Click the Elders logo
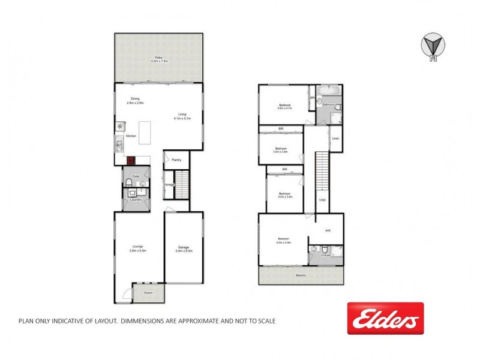tap(385, 319)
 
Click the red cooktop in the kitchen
tap(130, 160)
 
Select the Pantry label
tap(176, 160)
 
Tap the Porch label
tap(148, 293)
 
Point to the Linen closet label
tap(336, 140)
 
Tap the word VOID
tap(322, 200)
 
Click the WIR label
tap(328, 230)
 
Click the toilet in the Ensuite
tap(323, 250)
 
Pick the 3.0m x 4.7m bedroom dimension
tap(284, 109)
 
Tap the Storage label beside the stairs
tap(169, 185)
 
